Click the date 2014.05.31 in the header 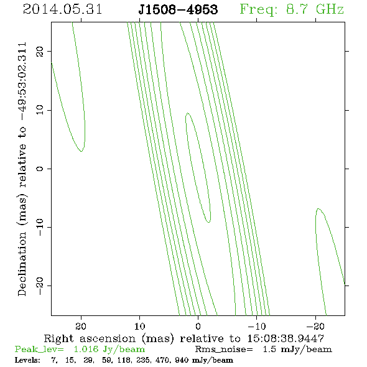point(62,9)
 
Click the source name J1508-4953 point(178,9)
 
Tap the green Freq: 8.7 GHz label point(292,9)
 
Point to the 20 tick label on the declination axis point(40,51)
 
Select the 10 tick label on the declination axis point(40,109)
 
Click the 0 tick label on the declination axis point(40,169)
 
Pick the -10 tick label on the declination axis point(40,227)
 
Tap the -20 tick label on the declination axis point(40,286)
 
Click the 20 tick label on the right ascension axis point(81,326)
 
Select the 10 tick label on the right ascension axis point(139,326)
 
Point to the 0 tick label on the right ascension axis point(198,326)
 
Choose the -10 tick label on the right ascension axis point(257,326)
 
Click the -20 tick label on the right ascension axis point(315,326)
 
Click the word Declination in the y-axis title point(22,264)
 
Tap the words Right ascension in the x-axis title point(90,338)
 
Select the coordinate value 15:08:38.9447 point(286,338)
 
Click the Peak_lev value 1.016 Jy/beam point(109,350)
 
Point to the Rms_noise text point(224,350)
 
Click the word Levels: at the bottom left point(27,360)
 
